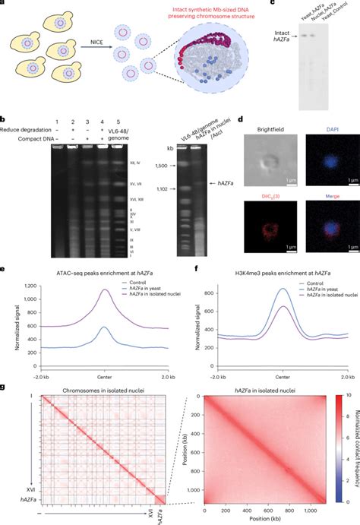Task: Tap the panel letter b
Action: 4,120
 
